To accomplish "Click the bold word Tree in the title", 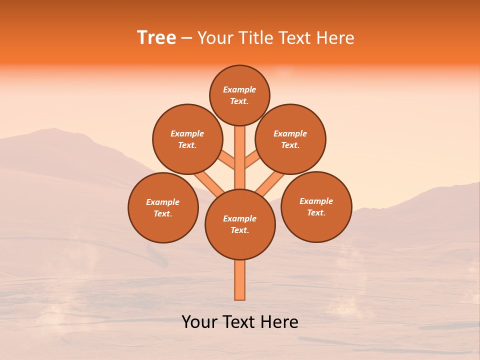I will coord(156,38).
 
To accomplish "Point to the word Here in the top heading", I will coord(335,38).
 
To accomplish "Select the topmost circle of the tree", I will coord(239,95).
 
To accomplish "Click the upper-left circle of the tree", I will coord(187,139).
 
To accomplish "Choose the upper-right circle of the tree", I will coord(290,139).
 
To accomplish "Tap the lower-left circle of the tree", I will coord(163,207).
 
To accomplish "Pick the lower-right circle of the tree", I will coord(316,206).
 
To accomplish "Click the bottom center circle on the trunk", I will coord(240,224).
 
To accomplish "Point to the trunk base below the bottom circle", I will coord(240,280).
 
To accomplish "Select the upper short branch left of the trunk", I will coord(227,160).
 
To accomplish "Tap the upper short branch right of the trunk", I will coord(252,160).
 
